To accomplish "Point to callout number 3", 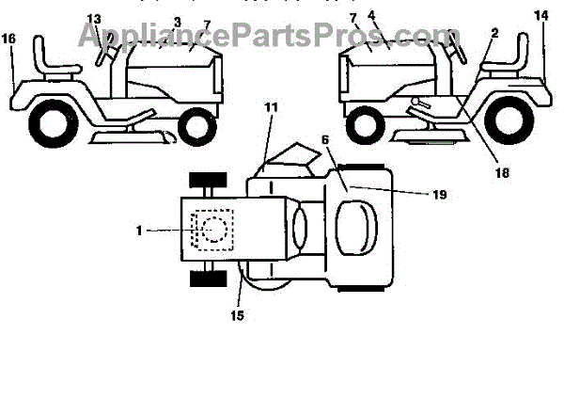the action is pos(177,21).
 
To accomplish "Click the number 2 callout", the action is pos(495,33).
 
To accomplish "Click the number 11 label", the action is pos(271,108).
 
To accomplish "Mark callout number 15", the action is pos(237,316).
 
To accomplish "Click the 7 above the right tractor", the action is pos(352,17).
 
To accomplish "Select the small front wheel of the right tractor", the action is pos(366,122).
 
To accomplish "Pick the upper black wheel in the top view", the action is pos(206,181).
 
